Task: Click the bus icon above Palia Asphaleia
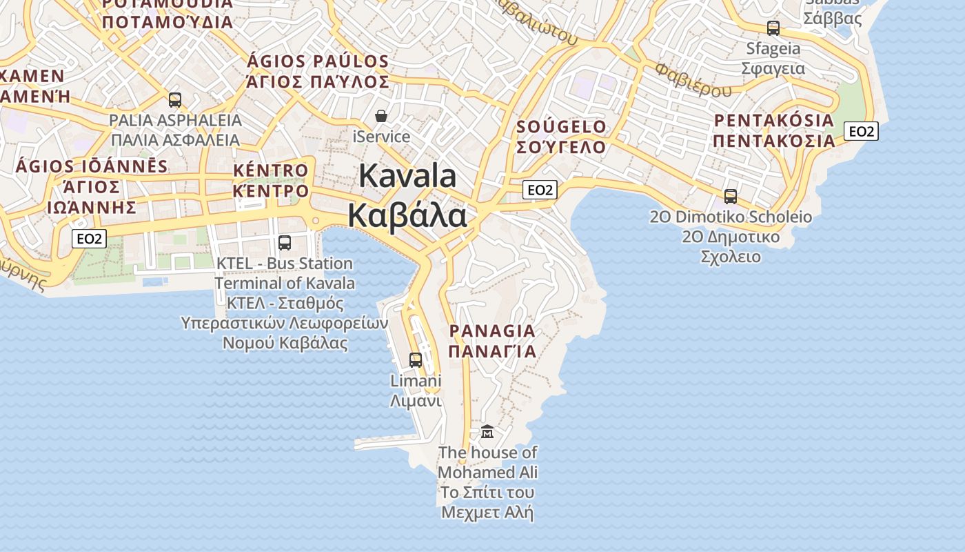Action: coord(175,100)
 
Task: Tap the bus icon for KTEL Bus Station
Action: coord(284,243)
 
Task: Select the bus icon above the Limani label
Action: coord(416,359)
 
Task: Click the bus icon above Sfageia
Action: coord(773,28)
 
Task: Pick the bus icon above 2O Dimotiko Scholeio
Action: coord(731,197)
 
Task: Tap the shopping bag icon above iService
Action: coord(381,116)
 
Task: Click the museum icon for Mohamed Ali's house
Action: coord(487,432)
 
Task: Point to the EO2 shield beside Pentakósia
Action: coord(862,131)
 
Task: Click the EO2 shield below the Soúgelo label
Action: coord(540,190)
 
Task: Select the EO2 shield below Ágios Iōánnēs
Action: coord(90,239)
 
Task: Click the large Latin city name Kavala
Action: coord(407,176)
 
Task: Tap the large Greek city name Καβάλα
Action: coord(407,215)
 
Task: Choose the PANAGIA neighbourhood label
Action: coord(492,331)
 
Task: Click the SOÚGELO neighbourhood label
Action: coord(561,127)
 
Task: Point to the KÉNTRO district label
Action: coord(271,170)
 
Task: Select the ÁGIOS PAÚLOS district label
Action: coord(318,61)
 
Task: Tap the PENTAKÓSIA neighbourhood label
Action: coord(773,121)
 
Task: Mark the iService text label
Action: coord(381,137)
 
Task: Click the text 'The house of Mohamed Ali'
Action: coord(488,462)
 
